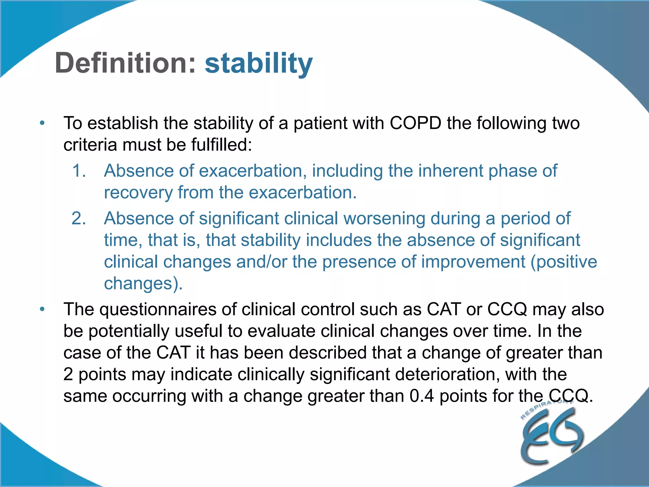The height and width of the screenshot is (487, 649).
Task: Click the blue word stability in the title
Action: click(x=259, y=63)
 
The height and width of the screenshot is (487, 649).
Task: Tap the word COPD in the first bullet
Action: click(x=415, y=123)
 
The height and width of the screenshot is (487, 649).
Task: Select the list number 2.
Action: click(x=79, y=218)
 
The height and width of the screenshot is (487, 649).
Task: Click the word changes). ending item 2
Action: click(x=143, y=283)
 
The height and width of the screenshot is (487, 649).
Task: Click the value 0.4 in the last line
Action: click(x=421, y=396)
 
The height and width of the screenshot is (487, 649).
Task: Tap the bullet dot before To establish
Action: click(x=42, y=123)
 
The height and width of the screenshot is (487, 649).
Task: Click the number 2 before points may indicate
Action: click(x=68, y=374)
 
